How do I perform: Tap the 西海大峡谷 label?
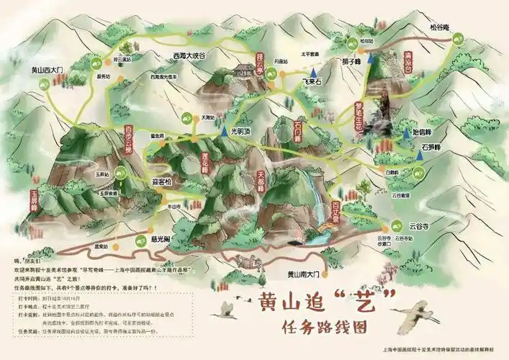point(189,55)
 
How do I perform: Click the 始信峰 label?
point(420,132)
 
